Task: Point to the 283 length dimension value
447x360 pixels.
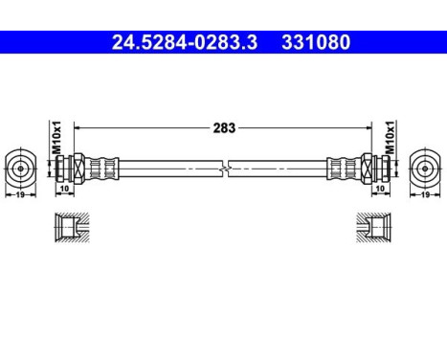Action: [223, 126]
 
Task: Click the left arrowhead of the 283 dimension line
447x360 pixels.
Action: [77, 126]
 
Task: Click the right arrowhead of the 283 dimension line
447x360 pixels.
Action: [369, 126]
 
